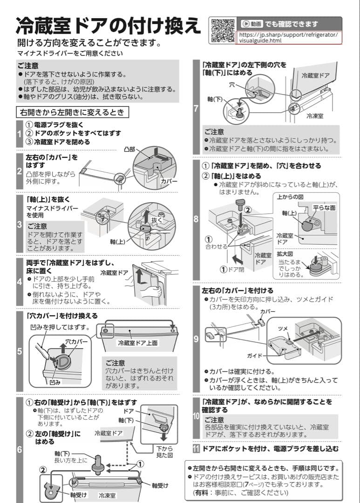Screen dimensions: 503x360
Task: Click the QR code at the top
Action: pyautogui.click(x=222, y=30)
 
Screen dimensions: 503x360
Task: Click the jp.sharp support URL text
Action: pyautogui.click(x=289, y=37)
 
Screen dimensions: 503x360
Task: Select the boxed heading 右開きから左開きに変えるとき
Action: pyautogui.click(x=72, y=112)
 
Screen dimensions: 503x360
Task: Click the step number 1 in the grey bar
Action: pyautogui.click(x=19, y=134)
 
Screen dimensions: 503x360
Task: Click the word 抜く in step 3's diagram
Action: pyautogui.click(x=156, y=219)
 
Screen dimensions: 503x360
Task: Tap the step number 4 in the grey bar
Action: pyautogui.click(x=19, y=281)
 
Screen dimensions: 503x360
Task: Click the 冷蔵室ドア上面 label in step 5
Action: pyautogui.click(x=137, y=343)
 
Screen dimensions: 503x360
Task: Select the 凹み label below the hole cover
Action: pyautogui.click(x=55, y=382)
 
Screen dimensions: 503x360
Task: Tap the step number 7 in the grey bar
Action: pyautogui.click(x=196, y=109)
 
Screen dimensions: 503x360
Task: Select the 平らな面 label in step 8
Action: pyautogui.click(x=324, y=208)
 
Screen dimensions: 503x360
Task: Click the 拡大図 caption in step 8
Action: pyautogui.click(x=285, y=254)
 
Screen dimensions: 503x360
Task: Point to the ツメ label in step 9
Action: pyautogui.click(x=283, y=328)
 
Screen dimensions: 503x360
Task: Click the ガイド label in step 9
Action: pyautogui.click(x=254, y=355)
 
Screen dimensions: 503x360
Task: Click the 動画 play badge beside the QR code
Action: pyautogui.click(x=251, y=23)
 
